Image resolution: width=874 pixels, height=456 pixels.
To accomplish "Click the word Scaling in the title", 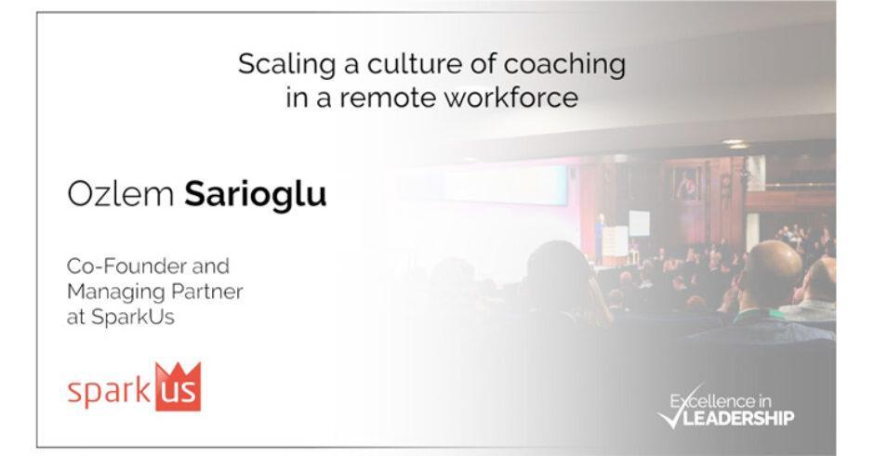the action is (x=286, y=66).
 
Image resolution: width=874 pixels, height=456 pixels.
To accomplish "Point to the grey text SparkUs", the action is (x=133, y=318).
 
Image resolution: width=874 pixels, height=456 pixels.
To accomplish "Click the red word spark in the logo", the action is (x=109, y=392).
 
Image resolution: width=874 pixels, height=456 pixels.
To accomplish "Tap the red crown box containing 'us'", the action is (x=178, y=388).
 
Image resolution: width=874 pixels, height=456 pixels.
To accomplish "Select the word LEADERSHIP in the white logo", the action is (x=738, y=418).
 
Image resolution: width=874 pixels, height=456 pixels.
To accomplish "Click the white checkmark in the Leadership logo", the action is (x=673, y=410).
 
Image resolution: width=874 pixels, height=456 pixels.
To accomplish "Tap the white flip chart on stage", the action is (x=639, y=224).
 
